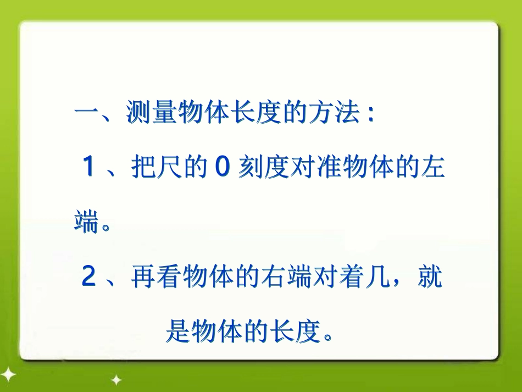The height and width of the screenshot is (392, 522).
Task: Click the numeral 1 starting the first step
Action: coord(88,167)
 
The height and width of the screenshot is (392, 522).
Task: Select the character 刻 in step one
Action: coord(249,167)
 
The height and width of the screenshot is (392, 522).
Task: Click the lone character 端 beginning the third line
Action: coord(87,222)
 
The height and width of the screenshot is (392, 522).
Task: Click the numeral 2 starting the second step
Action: coord(88,278)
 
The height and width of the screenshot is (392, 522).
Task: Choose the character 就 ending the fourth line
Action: coord(430,278)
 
